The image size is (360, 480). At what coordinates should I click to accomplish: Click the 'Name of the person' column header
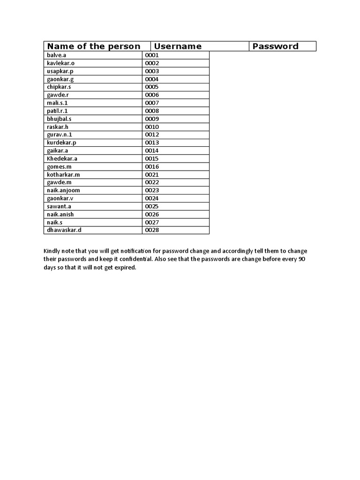pos(94,46)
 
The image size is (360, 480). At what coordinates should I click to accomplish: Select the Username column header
pos(178,46)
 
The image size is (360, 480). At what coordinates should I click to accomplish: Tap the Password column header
pos(275,46)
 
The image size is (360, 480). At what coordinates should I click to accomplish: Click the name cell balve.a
pos(57,55)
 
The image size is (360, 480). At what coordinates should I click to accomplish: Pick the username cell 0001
pos(152,55)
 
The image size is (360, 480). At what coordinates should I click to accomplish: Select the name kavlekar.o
pos(60,63)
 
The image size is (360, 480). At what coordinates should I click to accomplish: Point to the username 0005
pos(152,87)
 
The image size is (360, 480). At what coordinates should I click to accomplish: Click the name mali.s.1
pos(57,103)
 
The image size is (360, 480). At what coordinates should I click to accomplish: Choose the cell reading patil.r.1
pos(57,111)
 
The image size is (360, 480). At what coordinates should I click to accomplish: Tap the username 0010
pos(152,127)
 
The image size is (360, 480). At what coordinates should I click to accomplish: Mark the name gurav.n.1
pos(59,135)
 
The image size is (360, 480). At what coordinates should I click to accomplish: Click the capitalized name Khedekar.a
pos(62,158)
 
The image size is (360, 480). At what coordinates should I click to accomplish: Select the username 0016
pos(152,166)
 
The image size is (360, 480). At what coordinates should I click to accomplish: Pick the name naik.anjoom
pos(63,190)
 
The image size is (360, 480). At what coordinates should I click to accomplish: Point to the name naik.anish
pos(60,214)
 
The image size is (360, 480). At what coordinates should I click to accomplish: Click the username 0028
pos(152,230)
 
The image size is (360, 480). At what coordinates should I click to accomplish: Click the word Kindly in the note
pos(52,251)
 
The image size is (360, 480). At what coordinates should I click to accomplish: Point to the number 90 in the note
pos(302,259)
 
